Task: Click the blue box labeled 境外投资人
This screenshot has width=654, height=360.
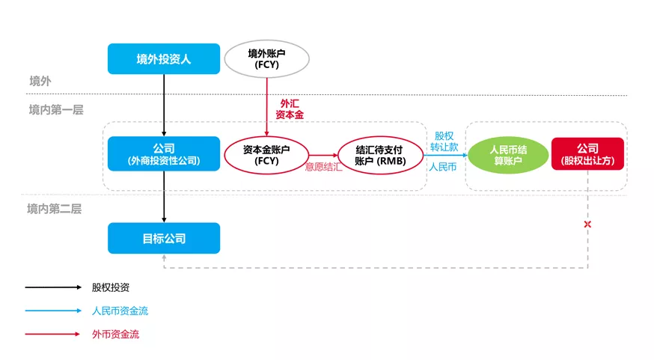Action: coord(164,58)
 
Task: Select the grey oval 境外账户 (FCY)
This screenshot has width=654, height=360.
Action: coord(266,58)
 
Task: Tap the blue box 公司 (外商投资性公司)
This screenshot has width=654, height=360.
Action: coord(164,154)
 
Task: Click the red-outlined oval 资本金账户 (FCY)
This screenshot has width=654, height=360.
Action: coord(266,154)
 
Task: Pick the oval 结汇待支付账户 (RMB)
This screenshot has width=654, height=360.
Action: coord(380,154)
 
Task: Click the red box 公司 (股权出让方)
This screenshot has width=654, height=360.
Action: coord(587,154)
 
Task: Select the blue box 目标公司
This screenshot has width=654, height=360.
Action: coord(164,238)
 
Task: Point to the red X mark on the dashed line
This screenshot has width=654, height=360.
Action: coord(587,225)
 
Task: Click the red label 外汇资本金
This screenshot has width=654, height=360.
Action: coord(290,109)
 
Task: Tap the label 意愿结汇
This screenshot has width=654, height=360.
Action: coord(323,167)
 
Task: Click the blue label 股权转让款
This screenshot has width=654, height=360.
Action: coord(444,141)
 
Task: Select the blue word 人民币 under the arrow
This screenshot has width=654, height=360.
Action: coord(443,167)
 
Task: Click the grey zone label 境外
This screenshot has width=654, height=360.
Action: coord(40,82)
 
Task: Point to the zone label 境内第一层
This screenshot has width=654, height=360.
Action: coord(55,110)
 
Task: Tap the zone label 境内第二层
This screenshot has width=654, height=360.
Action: coord(55,209)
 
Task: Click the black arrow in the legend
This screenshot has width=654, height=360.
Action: coord(52,287)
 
